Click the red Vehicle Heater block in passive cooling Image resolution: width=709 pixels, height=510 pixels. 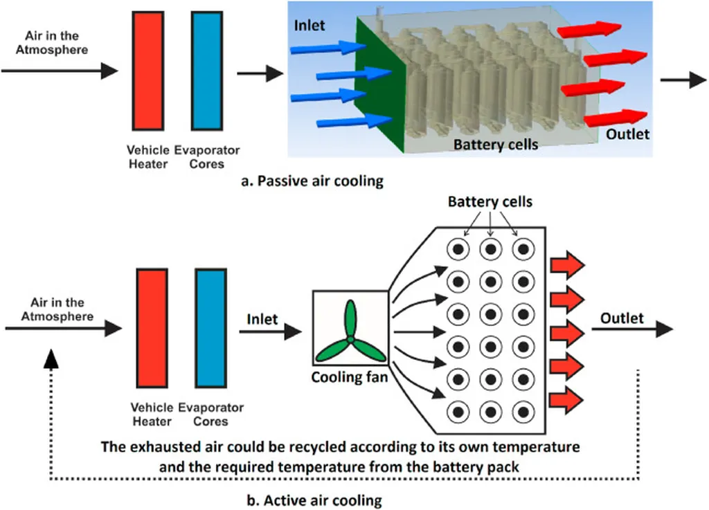148,71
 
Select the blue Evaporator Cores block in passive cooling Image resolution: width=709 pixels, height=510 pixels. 206,71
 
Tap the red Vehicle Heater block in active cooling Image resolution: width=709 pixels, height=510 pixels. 152,329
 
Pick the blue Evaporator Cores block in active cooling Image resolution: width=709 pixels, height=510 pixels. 210,329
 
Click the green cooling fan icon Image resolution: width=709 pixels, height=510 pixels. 350,332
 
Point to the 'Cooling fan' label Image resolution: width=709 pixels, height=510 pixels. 350,376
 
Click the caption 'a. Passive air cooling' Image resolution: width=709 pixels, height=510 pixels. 312,181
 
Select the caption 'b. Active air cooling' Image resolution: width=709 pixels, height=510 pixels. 314,500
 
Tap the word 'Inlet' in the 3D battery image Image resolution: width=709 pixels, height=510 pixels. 309,26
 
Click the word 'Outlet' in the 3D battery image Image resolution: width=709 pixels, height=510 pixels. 627,134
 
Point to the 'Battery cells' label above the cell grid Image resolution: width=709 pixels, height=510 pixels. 490,201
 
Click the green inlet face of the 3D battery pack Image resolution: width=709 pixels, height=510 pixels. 381,84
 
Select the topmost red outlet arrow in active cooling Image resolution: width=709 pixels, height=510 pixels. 567,265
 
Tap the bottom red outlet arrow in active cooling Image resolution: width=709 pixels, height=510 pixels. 567,400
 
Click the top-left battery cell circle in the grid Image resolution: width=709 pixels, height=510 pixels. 458,249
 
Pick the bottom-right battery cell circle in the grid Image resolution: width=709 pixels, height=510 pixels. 523,412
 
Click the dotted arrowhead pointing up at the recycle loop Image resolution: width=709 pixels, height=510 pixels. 51,358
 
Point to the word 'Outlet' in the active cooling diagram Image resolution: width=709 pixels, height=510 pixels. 622,318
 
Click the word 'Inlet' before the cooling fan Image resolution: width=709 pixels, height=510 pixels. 262,320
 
